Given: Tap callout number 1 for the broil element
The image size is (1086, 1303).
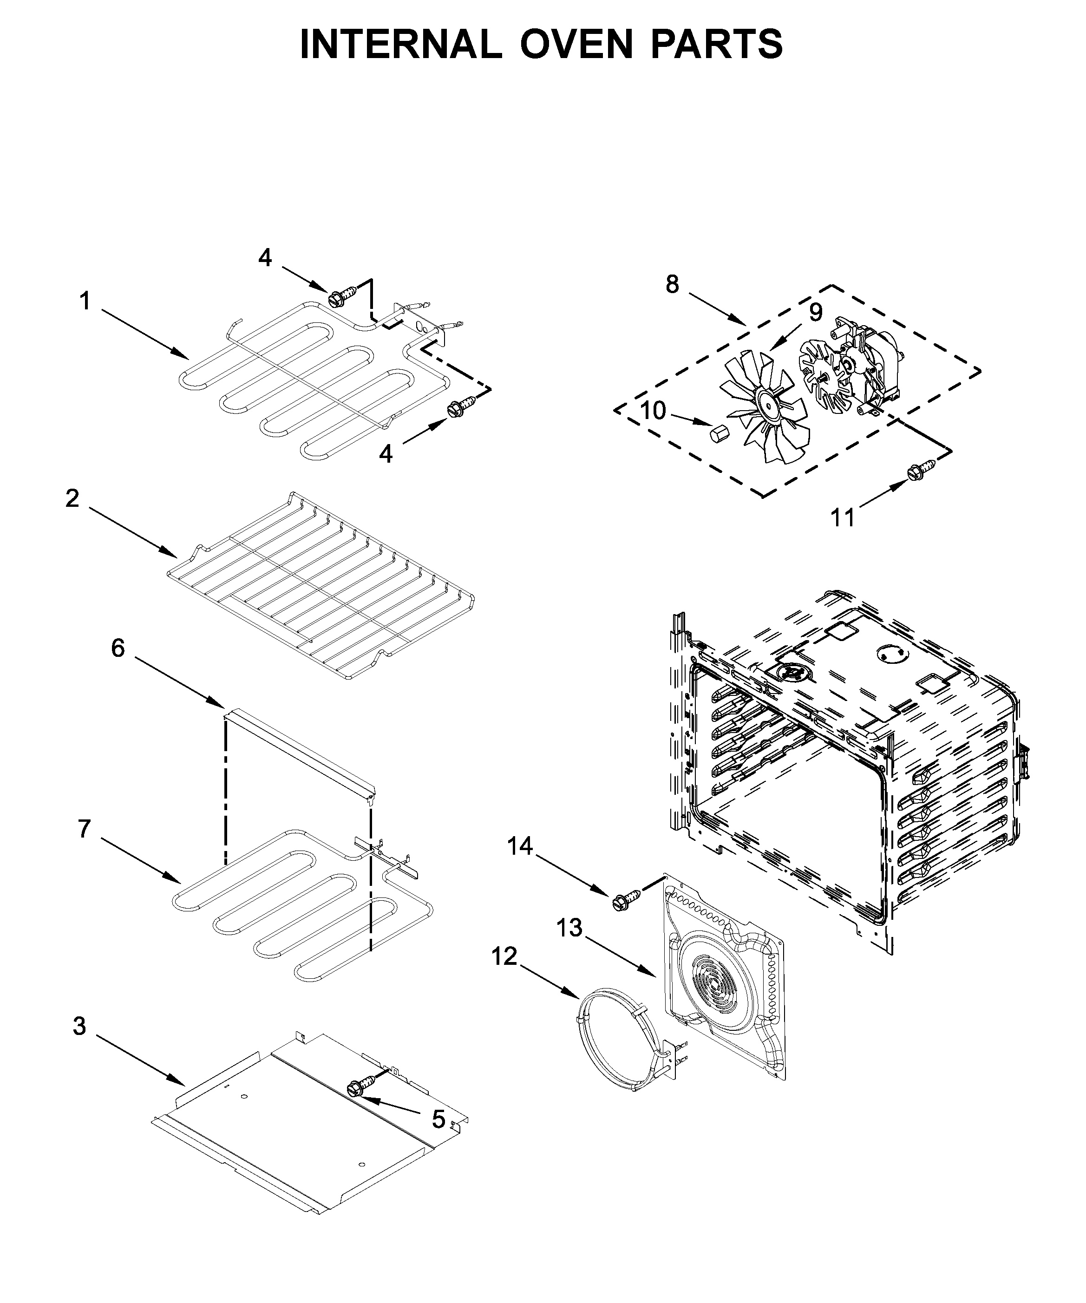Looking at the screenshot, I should point(85,301).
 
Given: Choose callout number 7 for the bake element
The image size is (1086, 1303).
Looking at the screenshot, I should point(85,828).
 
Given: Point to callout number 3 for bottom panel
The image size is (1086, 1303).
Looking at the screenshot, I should point(79,1026).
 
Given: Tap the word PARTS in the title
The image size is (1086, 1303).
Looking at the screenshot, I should point(717,45).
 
